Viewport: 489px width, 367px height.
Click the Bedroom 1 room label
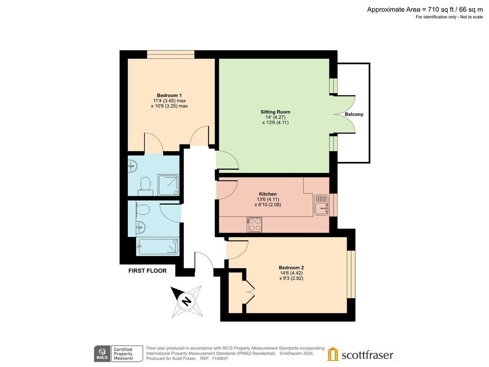(170, 96)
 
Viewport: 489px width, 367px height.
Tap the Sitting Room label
(276, 112)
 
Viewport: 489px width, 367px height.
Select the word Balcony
(354, 114)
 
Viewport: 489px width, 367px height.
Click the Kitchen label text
(268, 194)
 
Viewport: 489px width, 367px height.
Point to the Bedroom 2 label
(291, 268)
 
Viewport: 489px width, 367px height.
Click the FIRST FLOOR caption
(148, 271)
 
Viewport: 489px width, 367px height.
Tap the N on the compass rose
(187, 302)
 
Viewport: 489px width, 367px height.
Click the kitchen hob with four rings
(255, 225)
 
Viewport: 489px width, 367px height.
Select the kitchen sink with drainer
(321, 205)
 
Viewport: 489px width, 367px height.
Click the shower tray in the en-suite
(169, 185)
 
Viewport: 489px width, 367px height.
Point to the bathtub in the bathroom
(158, 247)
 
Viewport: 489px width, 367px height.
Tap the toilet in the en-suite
(145, 184)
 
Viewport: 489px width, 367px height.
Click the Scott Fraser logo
(360, 355)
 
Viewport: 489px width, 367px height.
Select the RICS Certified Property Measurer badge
(118, 354)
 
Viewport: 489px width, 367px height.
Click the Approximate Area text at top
(425, 10)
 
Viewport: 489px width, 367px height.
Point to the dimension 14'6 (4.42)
(291, 273)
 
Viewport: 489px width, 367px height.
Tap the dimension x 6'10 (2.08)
(268, 205)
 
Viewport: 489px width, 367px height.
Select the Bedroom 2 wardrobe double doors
(250, 292)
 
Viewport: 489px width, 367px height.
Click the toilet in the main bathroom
(142, 210)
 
